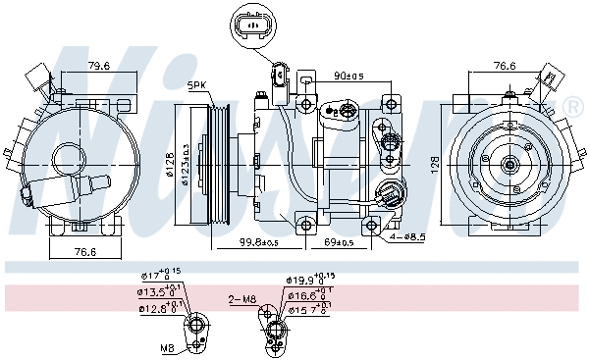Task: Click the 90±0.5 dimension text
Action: click(349, 76)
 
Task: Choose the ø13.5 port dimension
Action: click(157, 291)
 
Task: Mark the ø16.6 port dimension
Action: click(306, 294)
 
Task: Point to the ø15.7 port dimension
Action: click(306, 310)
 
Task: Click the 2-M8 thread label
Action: click(241, 298)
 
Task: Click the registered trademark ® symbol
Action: click(572, 106)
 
